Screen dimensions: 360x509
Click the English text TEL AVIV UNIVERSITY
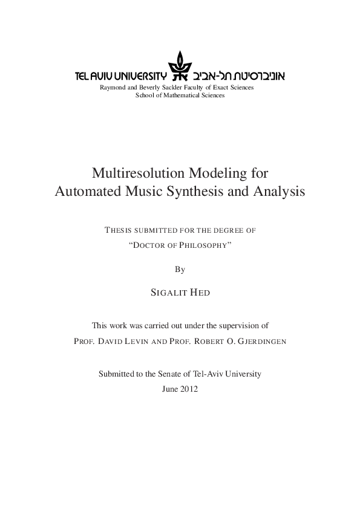click(120, 77)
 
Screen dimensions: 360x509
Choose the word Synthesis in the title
click(200, 192)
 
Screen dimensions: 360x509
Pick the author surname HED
click(200, 293)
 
